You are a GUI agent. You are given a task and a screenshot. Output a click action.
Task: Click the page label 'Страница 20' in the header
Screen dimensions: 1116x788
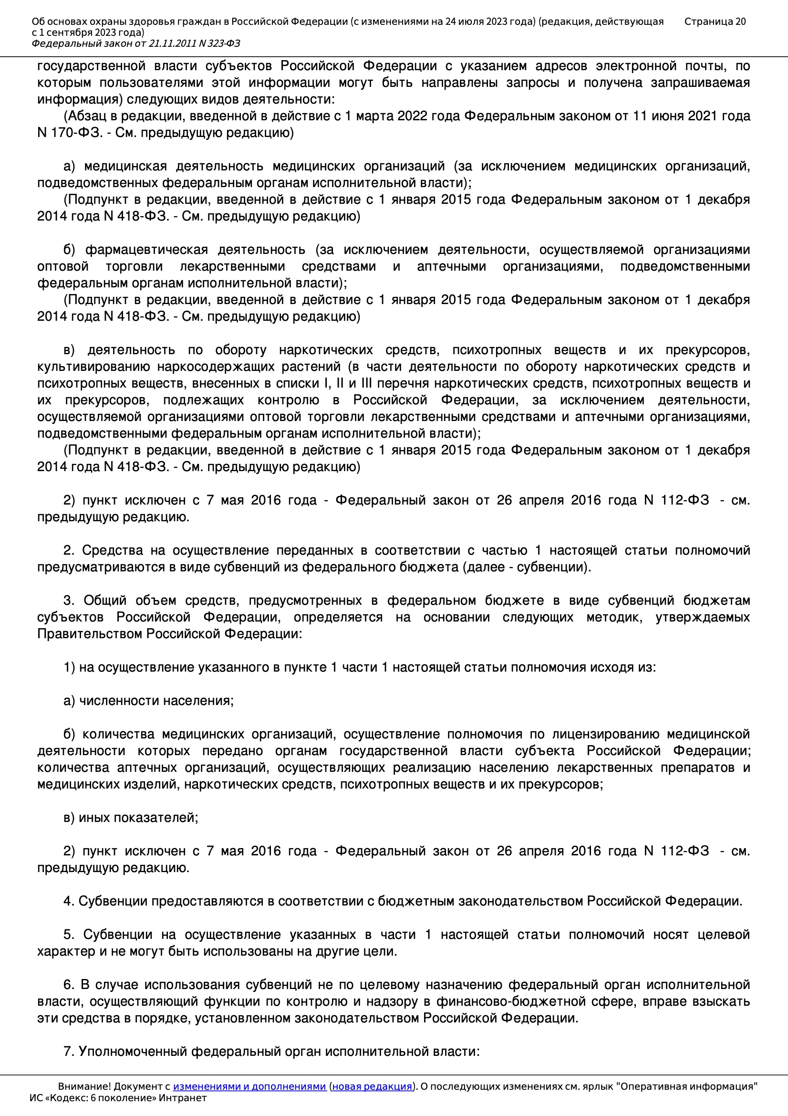pyautogui.click(x=715, y=21)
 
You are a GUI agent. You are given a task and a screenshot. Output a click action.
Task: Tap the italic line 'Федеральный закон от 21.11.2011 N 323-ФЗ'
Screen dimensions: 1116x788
pyautogui.click(x=135, y=44)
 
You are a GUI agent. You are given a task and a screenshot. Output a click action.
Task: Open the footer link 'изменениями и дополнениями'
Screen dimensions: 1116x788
pyautogui.click(x=249, y=1086)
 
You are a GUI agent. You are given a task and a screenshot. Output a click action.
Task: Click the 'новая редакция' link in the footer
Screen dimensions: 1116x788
pyautogui.click(x=372, y=1086)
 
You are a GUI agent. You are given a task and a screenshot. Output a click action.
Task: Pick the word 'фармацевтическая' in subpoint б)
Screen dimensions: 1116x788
pyautogui.click(x=146, y=250)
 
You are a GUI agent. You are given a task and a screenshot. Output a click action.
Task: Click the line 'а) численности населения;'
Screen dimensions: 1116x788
pyautogui.click(x=149, y=701)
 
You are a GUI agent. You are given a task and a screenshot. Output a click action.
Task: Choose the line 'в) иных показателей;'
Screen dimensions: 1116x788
pyautogui.click(x=131, y=818)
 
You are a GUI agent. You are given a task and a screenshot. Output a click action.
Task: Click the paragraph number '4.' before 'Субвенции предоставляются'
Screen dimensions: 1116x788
pyautogui.click(x=69, y=901)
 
